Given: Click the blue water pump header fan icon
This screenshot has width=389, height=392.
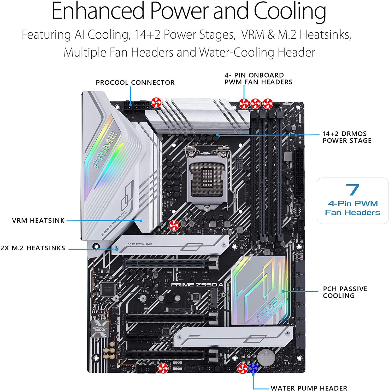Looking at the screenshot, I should click(x=253, y=369).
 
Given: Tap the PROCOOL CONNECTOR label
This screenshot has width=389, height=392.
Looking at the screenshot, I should click(x=135, y=83).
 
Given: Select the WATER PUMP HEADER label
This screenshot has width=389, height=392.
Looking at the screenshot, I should click(x=309, y=388).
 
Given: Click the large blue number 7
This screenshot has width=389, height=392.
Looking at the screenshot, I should click(x=352, y=190).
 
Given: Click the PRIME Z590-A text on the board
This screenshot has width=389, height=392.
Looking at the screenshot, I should click(x=197, y=285).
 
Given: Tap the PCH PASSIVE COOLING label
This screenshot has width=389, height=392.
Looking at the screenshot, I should click(x=345, y=292).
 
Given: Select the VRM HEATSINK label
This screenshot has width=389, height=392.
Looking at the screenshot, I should click(x=38, y=221).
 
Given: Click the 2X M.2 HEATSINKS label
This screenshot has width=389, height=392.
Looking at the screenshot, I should click(x=33, y=248).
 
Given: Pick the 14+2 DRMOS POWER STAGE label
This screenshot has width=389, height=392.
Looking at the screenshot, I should click(x=347, y=137).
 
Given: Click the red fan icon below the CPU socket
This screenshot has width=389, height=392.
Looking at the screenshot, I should click(x=174, y=226).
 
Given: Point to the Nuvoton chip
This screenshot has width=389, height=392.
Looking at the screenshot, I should click(x=108, y=288).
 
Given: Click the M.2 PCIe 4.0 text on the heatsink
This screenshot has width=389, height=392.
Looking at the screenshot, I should click(x=140, y=244).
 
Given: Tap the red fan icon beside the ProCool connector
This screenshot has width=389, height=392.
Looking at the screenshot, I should click(x=156, y=103).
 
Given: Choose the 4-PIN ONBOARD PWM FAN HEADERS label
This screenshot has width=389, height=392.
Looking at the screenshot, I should click(x=258, y=79).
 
